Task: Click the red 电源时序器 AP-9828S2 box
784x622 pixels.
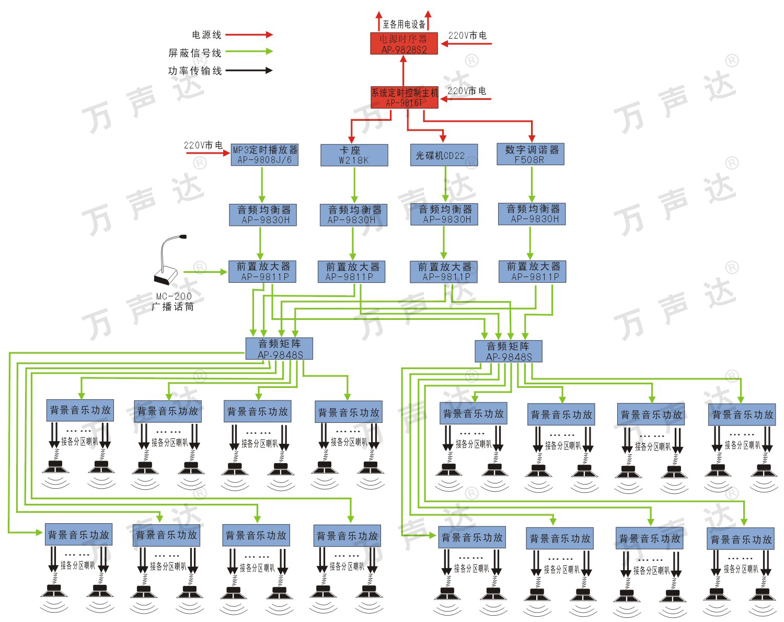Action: click(x=403, y=43)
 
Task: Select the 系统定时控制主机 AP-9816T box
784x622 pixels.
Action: click(x=404, y=98)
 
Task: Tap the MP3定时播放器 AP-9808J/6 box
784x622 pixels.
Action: click(x=264, y=155)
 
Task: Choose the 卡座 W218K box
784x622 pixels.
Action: click(x=354, y=155)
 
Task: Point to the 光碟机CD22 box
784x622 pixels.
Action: click(x=444, y=155)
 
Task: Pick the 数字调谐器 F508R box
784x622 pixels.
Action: click(x=531, y=155)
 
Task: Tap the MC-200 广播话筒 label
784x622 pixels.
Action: click(x=172, y=302)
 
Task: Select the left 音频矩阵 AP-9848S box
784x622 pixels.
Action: click(x=280, y=349)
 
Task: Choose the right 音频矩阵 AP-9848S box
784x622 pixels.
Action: click(x=508, y=351)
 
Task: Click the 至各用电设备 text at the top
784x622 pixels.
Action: click(x=404, y=24)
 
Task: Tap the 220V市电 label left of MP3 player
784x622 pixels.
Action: click(x=203, y=145)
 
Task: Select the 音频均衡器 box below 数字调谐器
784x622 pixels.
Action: click(x=532, y=214)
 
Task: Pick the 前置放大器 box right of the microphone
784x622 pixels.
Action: click(x=263, y=272)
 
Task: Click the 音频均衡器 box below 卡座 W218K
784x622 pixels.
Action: click(x=354, y=215)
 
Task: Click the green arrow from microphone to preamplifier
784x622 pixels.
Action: click(x=205, y=272)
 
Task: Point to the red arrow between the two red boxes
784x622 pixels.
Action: click(x=403, y=71)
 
